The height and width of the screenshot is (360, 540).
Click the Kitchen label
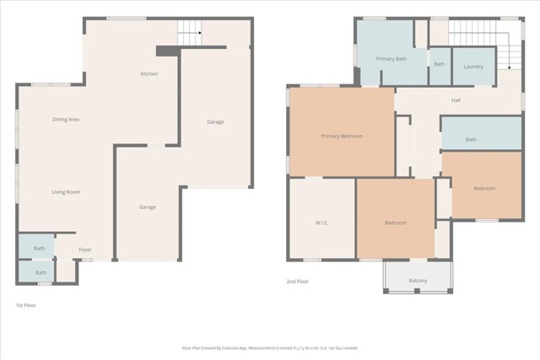point(149,74)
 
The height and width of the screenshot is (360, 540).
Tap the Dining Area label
point(65,120)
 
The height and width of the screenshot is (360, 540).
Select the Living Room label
point(65,192)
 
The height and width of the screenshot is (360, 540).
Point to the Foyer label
point(85,250)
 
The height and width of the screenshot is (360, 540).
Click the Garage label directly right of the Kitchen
point(215,122)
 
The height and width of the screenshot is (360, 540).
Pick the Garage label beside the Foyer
point(147,207)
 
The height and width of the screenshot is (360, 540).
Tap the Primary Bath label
point(391,59)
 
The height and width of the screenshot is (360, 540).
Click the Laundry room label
point(473,66)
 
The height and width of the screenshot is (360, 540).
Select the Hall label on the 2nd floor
point(456,100)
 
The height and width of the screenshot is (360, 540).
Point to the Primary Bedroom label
point(342,136)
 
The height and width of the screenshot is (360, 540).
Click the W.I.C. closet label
point(321,223)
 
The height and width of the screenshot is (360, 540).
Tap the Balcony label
point(418,280)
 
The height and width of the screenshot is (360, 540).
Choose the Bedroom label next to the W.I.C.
point(396,223)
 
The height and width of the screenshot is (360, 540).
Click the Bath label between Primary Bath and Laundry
point(440,64)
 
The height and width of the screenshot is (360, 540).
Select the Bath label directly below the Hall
point(471,140)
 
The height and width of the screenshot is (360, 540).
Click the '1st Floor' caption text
point(25,304)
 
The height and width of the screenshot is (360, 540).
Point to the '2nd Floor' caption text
point(299,281)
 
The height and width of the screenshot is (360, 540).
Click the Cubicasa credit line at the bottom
point(270,347)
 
